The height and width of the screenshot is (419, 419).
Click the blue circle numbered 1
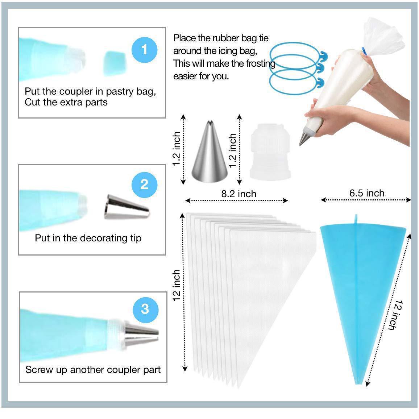pyautogui.click(x=144, y=49)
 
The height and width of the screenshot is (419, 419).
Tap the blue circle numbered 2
pyautogui.click(x=144, y=184)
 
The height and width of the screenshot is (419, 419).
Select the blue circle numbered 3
pyautogui.click(x=145, y=309)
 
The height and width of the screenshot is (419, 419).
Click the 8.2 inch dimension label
pyautogui.click(x=238, y=194)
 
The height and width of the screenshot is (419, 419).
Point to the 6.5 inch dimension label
pyautogui.click(x=366, y=193)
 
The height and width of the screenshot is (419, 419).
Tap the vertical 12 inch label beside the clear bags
pyautogui.click(x=177, y=285)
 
